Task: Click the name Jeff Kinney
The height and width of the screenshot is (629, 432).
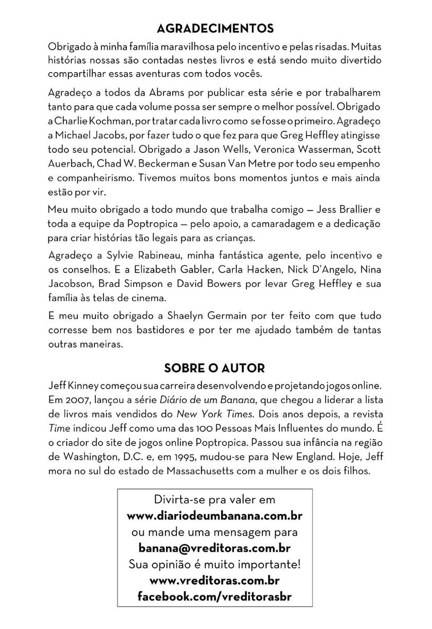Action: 73,383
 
